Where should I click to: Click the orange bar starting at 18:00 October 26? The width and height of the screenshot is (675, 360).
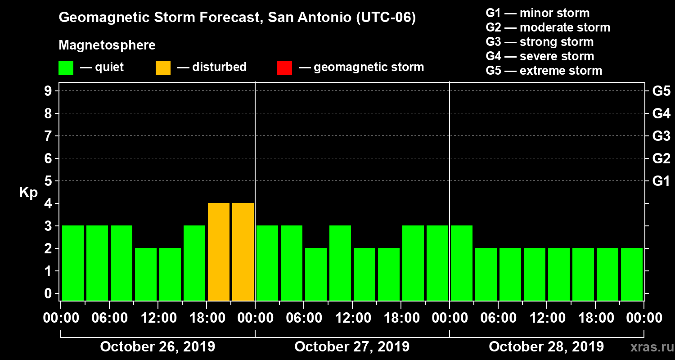pos(219,252)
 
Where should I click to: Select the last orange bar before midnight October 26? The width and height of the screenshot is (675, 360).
pos(243,252)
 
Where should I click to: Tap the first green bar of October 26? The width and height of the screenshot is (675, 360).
pos(73,263)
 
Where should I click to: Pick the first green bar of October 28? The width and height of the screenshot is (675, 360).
pos(462,263)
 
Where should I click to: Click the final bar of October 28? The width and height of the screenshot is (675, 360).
pos(632,274)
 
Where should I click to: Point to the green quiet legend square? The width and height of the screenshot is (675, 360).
pos(66,68)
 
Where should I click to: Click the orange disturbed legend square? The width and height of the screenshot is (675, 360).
pos(163,68)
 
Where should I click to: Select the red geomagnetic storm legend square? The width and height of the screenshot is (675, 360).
pos(284,68)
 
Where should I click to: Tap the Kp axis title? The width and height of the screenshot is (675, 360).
pos(28,193)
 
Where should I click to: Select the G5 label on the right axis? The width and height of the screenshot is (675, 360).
pos(661,91)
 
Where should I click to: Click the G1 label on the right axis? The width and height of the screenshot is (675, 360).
pos(661,181)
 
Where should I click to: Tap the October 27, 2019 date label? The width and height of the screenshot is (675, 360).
pos(352,346)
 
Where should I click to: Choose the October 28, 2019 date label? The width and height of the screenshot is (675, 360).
pos(546,346)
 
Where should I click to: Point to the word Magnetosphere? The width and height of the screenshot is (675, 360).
pos(107,45)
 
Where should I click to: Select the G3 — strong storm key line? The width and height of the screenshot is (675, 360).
pos(540,42)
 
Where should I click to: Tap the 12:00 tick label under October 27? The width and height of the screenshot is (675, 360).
pos(352,318)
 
